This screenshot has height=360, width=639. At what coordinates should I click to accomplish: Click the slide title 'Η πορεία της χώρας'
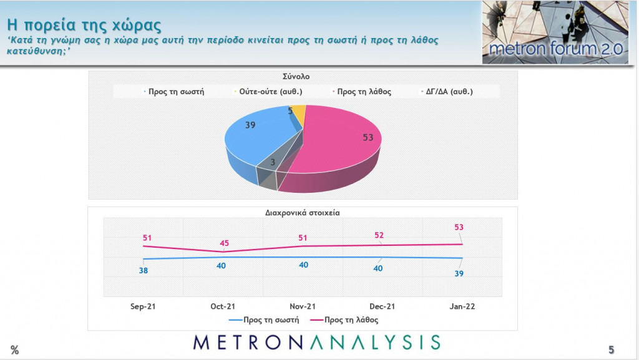tap(84, 26)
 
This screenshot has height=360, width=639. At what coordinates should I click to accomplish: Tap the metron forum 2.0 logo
tap(555, 32)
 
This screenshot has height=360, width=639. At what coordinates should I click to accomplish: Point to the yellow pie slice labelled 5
tap(298, 114)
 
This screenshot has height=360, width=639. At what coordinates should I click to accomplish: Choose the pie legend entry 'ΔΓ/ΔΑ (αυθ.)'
tap(447, 91)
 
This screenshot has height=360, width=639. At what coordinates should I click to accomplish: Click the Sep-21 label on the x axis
tap(143, 306)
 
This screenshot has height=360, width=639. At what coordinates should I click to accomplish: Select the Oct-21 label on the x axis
tap(223, 306)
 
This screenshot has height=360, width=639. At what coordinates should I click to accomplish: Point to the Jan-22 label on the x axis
tap(462, 306)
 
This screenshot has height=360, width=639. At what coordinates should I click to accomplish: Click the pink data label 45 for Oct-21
tap(223, 243)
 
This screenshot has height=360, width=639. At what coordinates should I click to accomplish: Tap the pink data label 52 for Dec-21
tap(379, 235)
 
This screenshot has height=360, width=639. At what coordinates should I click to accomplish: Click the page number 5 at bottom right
tap(612, 349)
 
